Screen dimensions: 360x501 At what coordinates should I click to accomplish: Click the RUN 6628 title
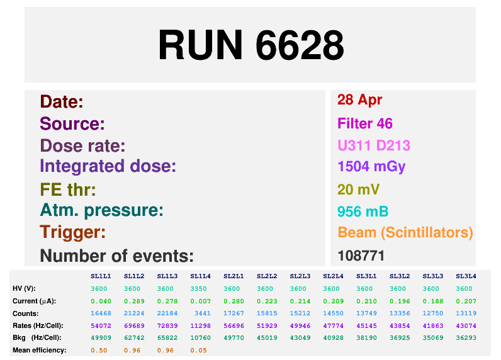point(250,45)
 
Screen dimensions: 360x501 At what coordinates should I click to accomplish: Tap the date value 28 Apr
point(359,99)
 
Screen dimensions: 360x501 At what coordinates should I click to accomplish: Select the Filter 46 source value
point(365,123)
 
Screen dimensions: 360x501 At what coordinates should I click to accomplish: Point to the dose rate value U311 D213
point(374,146)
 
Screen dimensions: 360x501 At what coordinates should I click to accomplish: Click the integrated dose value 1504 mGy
point(371,167)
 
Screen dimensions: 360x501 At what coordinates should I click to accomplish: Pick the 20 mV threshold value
point(359,189)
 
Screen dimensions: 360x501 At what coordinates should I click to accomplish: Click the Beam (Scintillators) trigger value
point(405,232)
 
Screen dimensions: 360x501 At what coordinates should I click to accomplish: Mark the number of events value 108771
point(361,256)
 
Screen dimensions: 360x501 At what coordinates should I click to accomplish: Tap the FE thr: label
point(68,189)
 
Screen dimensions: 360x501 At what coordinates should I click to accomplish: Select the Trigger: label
point(72,232)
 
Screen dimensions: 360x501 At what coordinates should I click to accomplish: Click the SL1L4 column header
point(200,276)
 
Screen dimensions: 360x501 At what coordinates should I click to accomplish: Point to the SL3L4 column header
point(465,276)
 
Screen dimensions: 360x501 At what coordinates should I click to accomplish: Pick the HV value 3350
point(200,288)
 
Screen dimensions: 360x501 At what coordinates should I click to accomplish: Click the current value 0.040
point(100,301)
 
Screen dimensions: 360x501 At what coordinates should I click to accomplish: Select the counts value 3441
point(200,313)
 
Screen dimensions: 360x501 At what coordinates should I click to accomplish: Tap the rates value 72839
point(167,325)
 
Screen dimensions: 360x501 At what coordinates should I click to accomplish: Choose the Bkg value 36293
point(465,337)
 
